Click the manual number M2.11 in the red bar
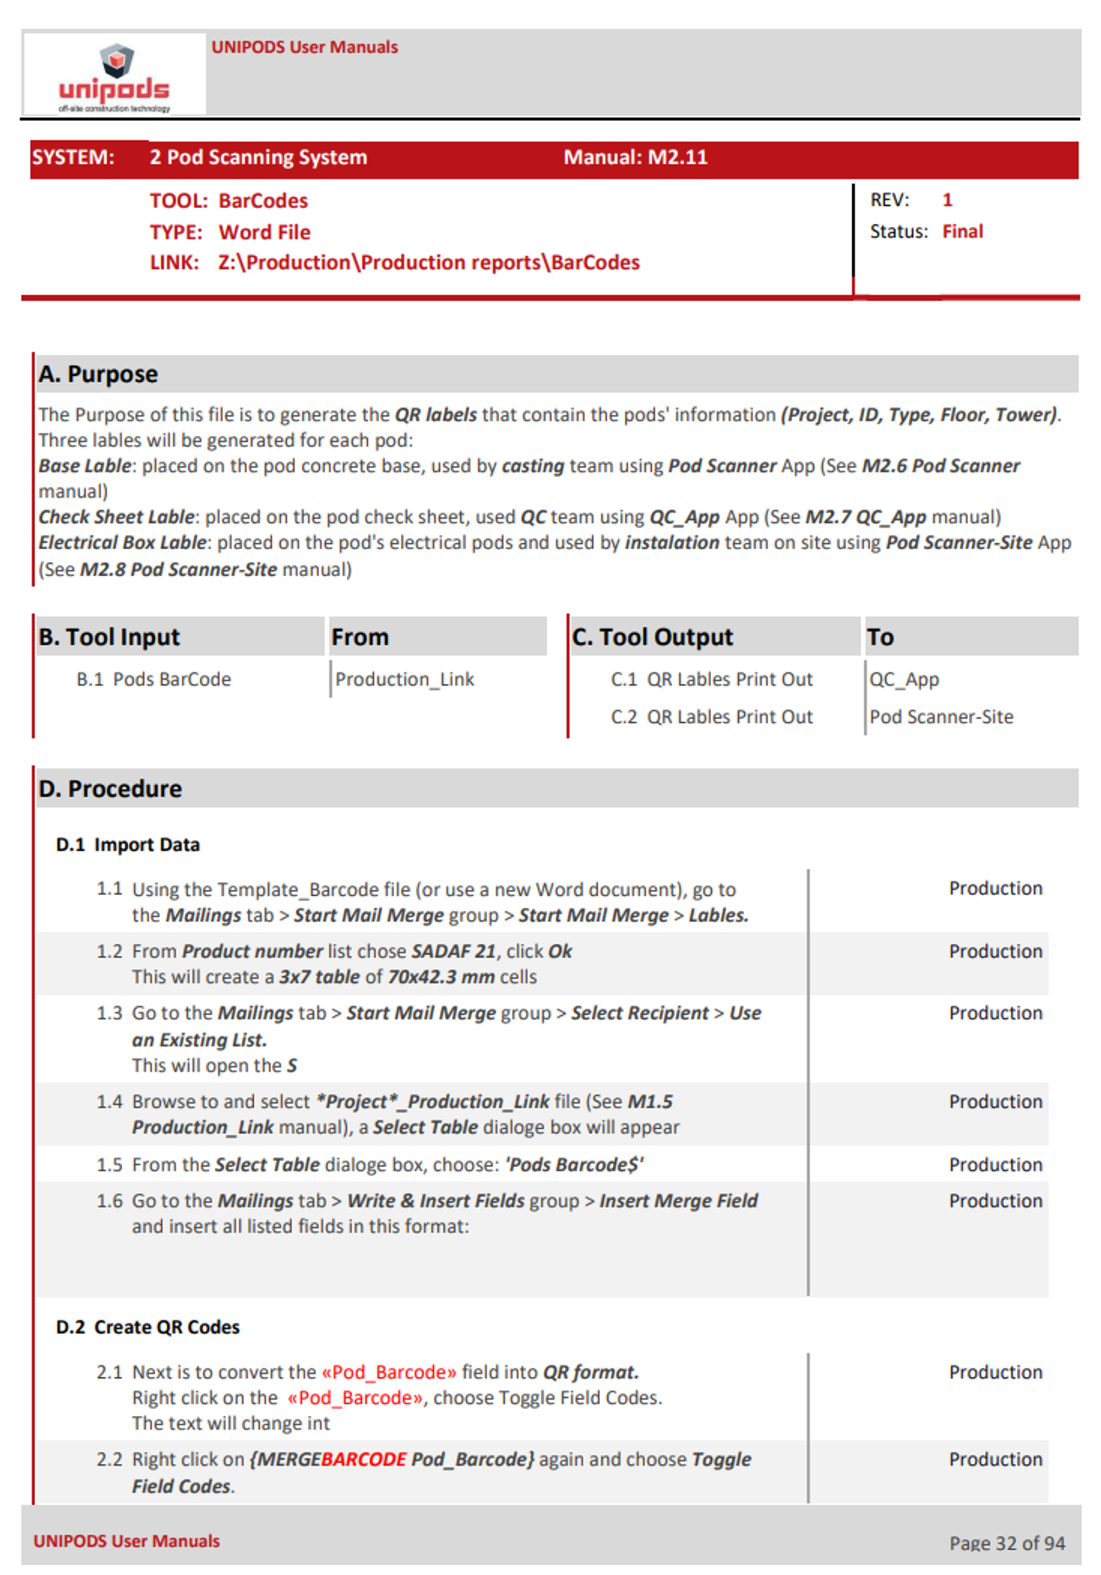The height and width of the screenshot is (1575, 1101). click(677, 157)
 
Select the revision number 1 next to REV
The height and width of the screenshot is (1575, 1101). click(947, 199)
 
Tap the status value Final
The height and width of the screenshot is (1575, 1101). click(962, 231)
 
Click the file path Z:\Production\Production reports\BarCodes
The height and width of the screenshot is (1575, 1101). click(428, 262)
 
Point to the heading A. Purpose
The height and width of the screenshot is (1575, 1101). click(98, 374)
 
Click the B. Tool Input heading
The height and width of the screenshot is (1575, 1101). click(109, 637)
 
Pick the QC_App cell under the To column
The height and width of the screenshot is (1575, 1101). click(903, 679)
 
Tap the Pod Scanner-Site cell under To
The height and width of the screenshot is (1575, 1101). click(941, 716)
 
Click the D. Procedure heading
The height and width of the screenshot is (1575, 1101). click(110, 788)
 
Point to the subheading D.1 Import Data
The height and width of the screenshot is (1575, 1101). click(128, 845)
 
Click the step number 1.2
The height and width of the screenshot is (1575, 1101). click(109, 951)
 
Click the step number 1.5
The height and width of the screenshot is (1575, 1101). click(109, 1164)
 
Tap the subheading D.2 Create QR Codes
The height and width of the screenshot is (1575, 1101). click(148, 1327)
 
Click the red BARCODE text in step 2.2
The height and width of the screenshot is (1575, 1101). click(363, 1459)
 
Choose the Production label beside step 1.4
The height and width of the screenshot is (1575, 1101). click(995, 1101)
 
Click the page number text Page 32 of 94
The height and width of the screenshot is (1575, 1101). click(1006, 1542)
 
